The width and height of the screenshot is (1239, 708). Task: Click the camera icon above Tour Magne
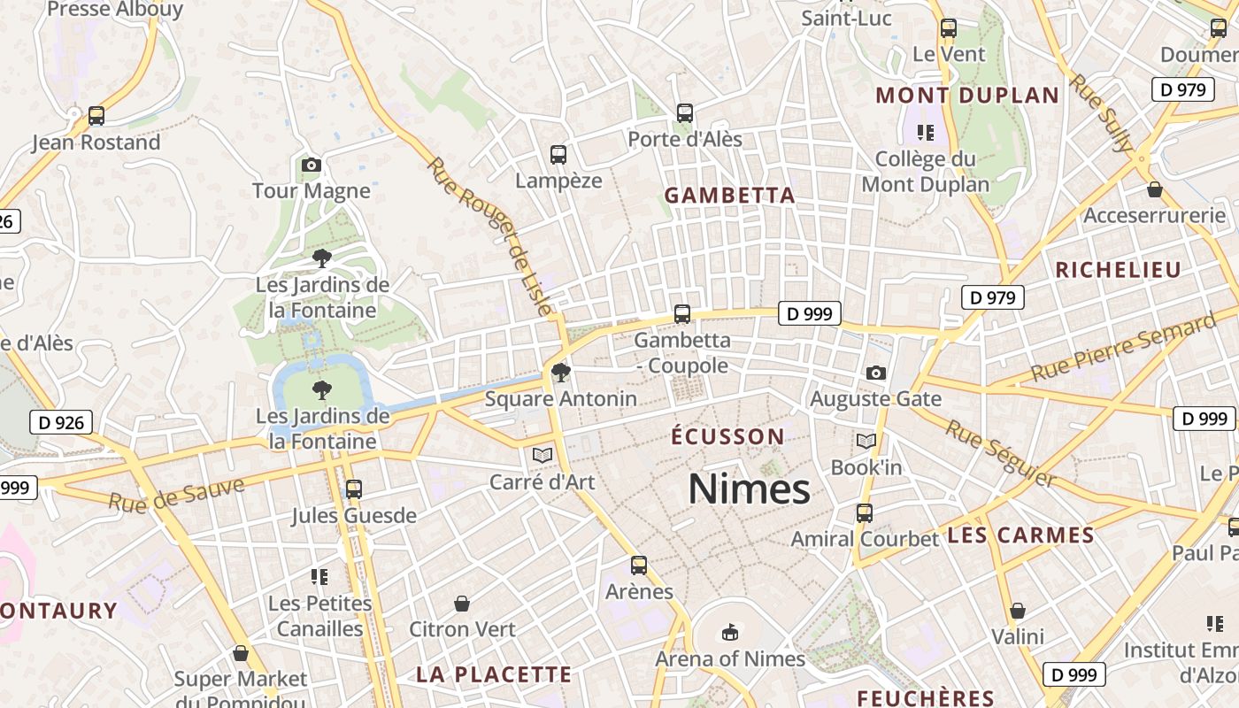click(311, 165)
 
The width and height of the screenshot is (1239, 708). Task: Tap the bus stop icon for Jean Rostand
click(96, 116)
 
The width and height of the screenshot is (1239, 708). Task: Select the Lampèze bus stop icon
click(558, 155)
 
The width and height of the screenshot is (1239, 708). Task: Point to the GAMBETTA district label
click(729, 196)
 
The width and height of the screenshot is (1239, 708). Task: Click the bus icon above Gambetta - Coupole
click(682, 313)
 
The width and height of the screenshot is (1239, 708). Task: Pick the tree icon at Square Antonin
click(560, 372)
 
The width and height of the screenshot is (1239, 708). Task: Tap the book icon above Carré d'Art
click(543, 455)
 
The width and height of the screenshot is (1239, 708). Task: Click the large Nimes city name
click(749, 489)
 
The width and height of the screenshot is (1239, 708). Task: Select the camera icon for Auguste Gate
click(876, 373)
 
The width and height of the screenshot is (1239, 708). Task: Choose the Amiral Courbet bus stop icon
click(865, 512)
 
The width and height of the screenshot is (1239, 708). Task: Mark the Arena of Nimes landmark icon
click(730, 632)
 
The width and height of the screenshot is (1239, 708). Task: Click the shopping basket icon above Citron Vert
click(462, 604)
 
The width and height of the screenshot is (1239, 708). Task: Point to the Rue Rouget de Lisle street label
click(490, 235)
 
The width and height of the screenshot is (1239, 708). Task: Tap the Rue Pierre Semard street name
click(1123, 347)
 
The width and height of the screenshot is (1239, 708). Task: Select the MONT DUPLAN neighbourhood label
click(966, 96)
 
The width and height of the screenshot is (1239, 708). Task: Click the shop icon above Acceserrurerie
click(1154, 189)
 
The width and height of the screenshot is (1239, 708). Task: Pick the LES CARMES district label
click(1020, 535)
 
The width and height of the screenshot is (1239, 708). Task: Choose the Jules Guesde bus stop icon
click(354, 489)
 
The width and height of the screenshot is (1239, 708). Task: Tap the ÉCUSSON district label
click(727, 436)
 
